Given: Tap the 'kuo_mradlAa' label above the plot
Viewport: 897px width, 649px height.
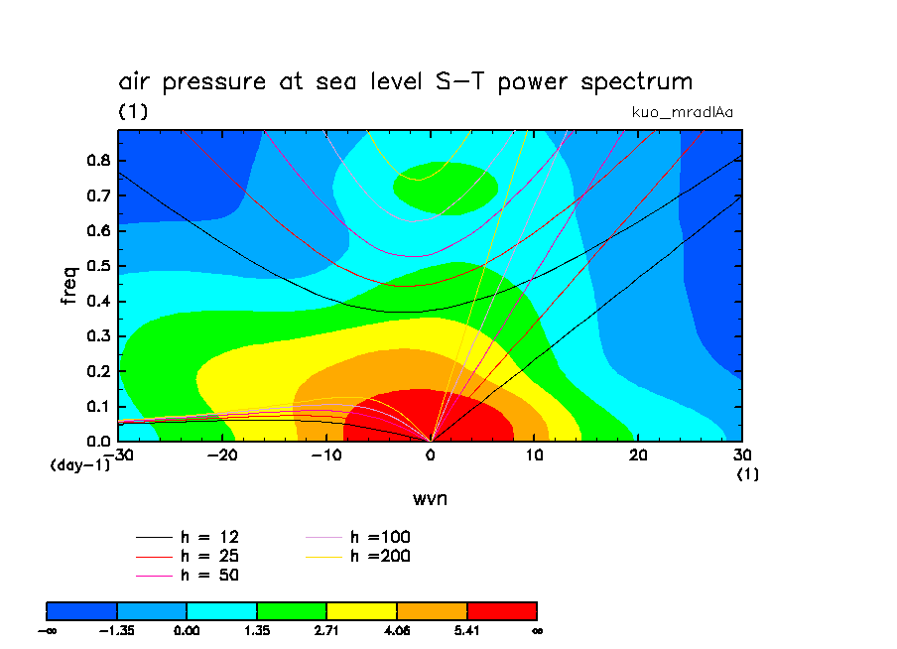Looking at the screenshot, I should (x=682, y=112).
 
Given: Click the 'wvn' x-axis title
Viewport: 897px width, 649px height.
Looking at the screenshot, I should (x=430, y=497).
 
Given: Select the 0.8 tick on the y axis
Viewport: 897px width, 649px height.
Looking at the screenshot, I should (x=99, y=161).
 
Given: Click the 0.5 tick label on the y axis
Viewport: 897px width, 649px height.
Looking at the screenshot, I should (x=99, y=266).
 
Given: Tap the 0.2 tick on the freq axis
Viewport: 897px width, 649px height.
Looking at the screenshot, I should (x=99, y=371).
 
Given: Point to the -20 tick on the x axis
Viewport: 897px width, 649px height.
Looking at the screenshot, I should (x=222, y=454).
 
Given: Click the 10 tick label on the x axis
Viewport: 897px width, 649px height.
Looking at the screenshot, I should (x=535, y=454).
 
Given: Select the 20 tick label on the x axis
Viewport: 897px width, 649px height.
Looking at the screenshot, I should (x=639, y=454).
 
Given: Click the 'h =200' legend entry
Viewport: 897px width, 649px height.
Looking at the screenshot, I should (x=381, y=556).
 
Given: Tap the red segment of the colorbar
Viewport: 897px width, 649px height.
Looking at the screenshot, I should (x=501, y=609).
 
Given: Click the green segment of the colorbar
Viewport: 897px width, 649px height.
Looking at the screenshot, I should (x=292, y=609).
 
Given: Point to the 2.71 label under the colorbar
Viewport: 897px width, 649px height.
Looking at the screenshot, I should (x=326, y=630).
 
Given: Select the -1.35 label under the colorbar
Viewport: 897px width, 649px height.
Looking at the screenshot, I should (x=117, y=630).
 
